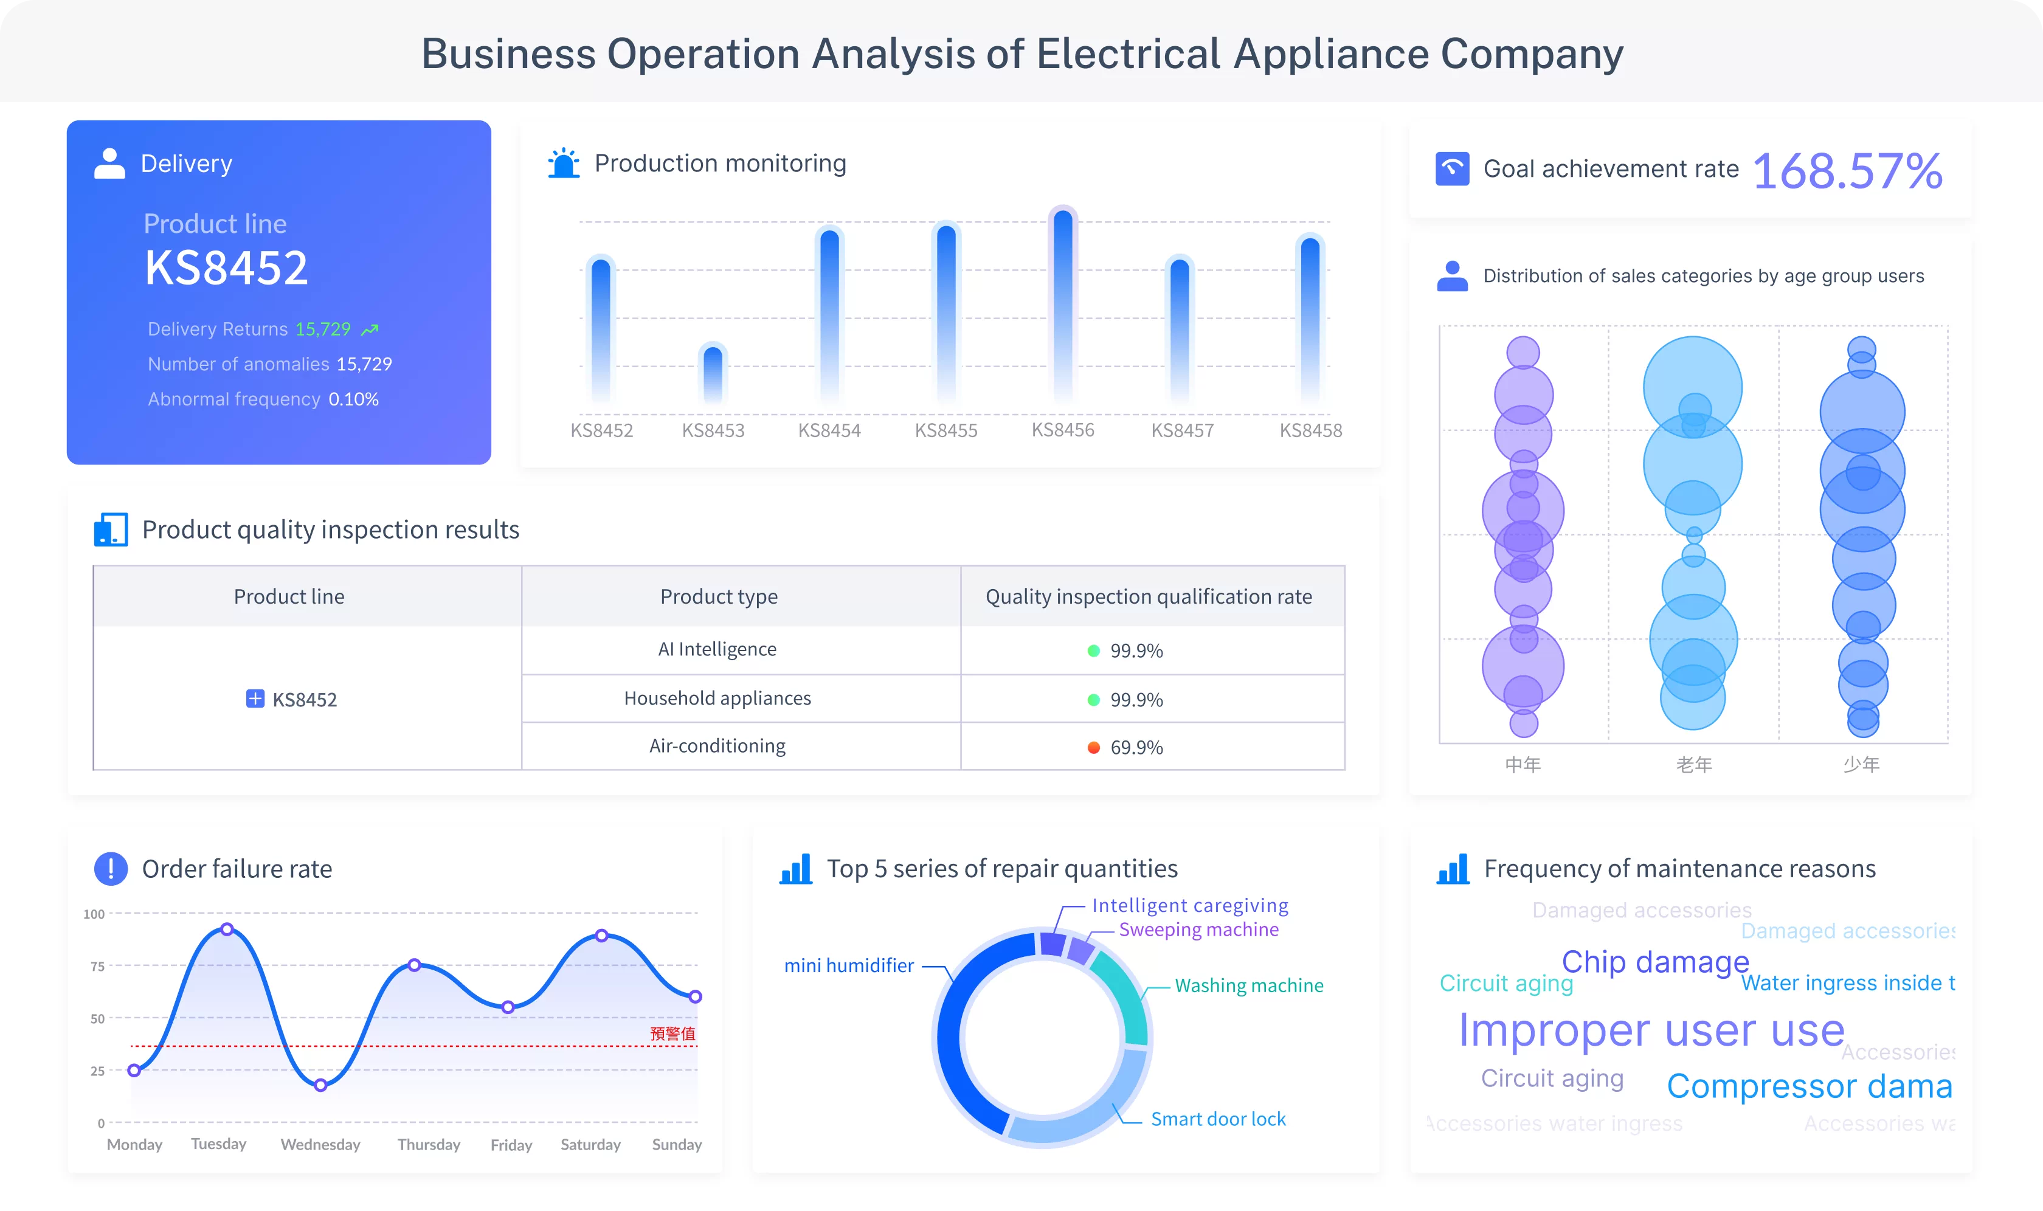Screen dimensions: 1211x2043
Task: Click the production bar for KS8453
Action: coord(713,374)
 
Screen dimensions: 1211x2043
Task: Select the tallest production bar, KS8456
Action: coord(1063,306)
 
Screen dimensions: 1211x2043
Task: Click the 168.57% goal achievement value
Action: coord(1847,171)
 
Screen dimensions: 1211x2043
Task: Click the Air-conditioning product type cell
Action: coord(717,746)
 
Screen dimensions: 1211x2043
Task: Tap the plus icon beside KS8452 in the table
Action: coord(255,699)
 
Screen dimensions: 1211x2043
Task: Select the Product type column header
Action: coord(718,596)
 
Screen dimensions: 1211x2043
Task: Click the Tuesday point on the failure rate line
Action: coord(227,930)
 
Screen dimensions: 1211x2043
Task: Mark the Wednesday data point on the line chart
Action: coord(321,1085)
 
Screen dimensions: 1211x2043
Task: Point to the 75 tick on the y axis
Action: coord(98,966)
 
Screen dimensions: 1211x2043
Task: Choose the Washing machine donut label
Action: coord(1249,986)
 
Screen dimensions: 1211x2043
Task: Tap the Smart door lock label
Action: coord(1218,1119)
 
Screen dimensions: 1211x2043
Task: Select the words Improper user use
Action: coord(1651,1030)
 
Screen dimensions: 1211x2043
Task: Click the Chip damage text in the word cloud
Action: coord(1654,962)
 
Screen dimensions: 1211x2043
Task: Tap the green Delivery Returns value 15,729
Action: coord(322,329)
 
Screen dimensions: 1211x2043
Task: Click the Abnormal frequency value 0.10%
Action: coord(353,399)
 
